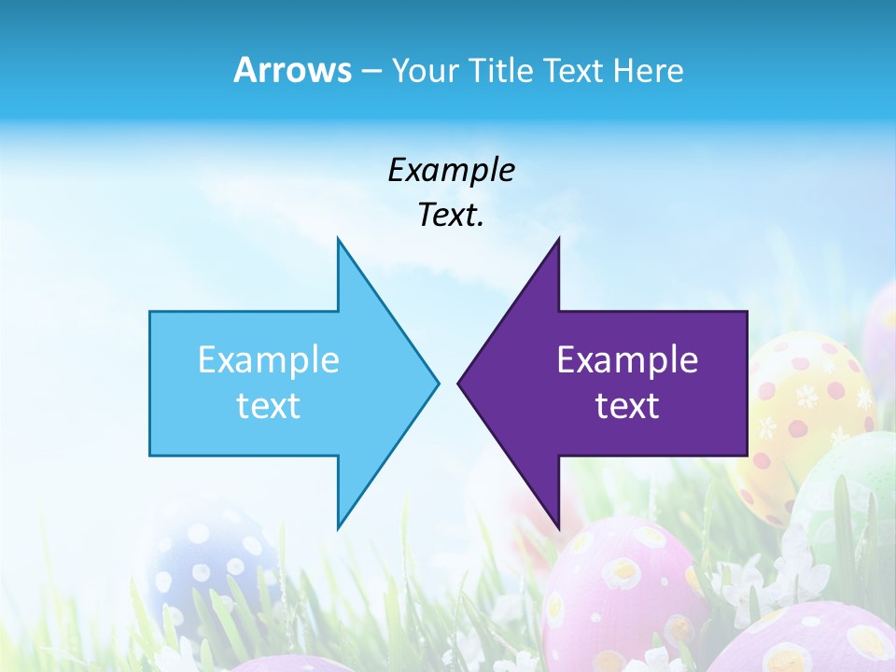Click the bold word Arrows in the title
tap(292, 70)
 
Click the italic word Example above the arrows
tap(451, 170)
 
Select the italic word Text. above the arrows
tap(451, 216)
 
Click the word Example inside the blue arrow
tap(269, 359)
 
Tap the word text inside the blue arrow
tap(269, 406)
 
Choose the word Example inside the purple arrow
tap(627, 359)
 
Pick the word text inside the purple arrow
tap(627, 406)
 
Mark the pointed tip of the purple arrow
tap(459, 383)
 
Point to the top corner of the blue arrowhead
tap(338, 240)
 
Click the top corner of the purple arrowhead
tap(558, 240)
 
